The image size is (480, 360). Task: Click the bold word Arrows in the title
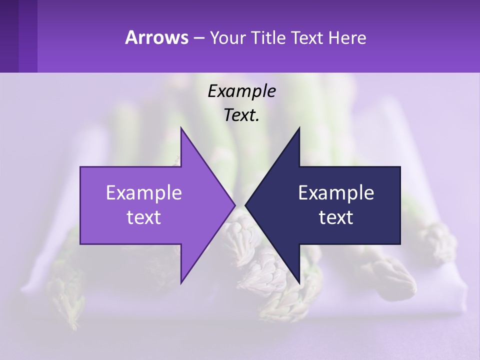tap(156, 37)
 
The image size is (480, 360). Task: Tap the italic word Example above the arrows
tap(241, 91)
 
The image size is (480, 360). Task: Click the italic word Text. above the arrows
tap(241, 115)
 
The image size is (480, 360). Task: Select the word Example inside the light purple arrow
tap(144, 193)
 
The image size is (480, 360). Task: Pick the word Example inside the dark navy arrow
tap(336, 193)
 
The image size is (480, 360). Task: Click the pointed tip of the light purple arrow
tap(234, 205)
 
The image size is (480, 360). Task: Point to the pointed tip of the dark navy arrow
tap(246, 205)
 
